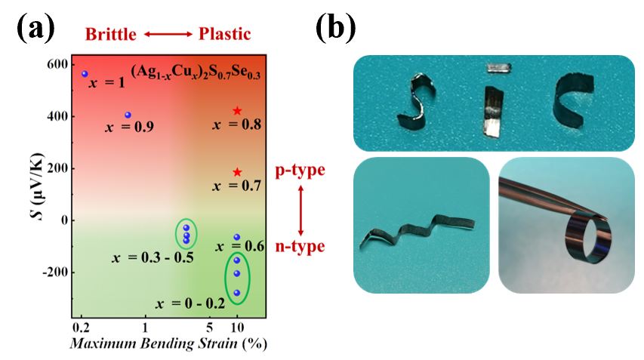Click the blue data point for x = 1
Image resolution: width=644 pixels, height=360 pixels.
tap(85, 74)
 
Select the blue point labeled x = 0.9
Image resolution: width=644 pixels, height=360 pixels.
tap(128, 115)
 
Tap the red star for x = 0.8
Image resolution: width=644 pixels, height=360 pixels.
tap(237, 111)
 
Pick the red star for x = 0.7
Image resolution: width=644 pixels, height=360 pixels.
tap(237, 172)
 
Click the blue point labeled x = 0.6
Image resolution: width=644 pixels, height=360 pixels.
tap(236, 237)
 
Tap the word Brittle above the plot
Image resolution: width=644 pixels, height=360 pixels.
tap(112, 33)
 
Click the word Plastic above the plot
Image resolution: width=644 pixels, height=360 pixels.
tap(224, 33)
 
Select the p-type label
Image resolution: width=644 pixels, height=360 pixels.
tap(300, 170)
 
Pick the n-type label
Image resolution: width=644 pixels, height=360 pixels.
tap(300, 246)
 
